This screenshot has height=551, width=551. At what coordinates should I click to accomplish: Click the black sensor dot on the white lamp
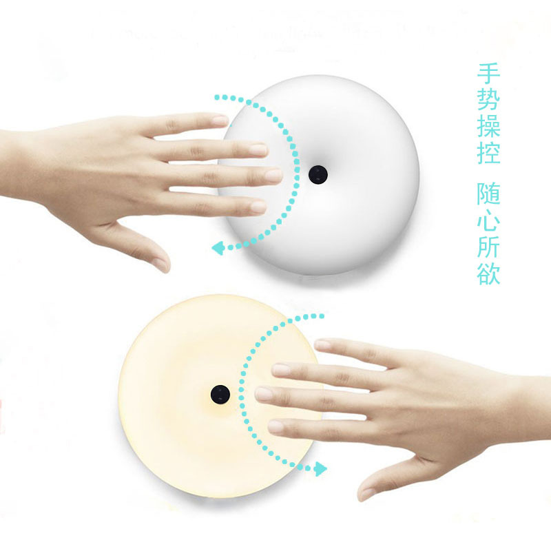point(318,174)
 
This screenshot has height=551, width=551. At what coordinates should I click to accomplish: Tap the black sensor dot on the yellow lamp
point(220,394)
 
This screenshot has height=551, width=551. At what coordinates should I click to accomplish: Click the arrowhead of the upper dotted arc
point(218,248)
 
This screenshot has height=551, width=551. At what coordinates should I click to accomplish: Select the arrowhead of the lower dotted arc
point(320,469)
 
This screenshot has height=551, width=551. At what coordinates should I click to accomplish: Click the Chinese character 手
point(488,74)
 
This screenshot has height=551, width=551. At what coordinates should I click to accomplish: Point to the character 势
point(488,100)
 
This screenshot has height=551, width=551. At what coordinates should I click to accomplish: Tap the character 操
point(488,126)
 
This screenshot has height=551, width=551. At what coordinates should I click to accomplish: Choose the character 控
point(488,152)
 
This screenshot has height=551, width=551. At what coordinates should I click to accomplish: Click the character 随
point(488,194)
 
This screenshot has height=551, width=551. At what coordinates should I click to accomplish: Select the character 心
point(488,220)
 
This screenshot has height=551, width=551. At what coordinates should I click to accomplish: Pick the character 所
point(488,247)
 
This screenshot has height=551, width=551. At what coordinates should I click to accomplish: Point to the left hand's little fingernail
point(259,207)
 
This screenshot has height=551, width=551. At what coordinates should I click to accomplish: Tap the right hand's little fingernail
point(276,426)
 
